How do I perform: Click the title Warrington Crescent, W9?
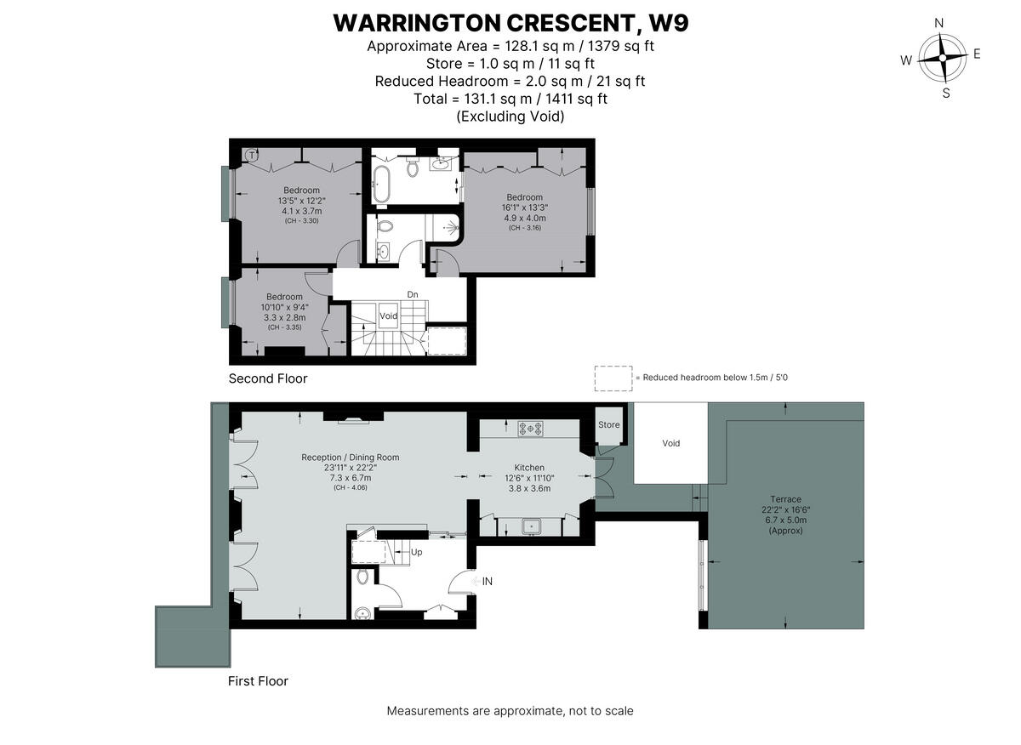(510, 23)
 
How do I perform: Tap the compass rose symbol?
(943, 58)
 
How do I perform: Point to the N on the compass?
(939, 24)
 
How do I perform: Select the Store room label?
(608, 424)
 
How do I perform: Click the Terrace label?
(785, 499)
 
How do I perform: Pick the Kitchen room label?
(529, 468)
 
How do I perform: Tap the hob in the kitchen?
(531, 430)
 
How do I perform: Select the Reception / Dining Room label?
(350, 458)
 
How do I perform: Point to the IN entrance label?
(488, 582)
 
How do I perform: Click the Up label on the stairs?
(416, 552)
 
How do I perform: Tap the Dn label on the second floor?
(412, 294)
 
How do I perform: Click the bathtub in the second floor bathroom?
(382, 183)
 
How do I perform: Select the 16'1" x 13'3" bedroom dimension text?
(524, 207)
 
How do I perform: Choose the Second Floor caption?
(268, 378)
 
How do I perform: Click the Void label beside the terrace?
(671, 443)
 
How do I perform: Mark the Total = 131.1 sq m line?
(510, 99)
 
